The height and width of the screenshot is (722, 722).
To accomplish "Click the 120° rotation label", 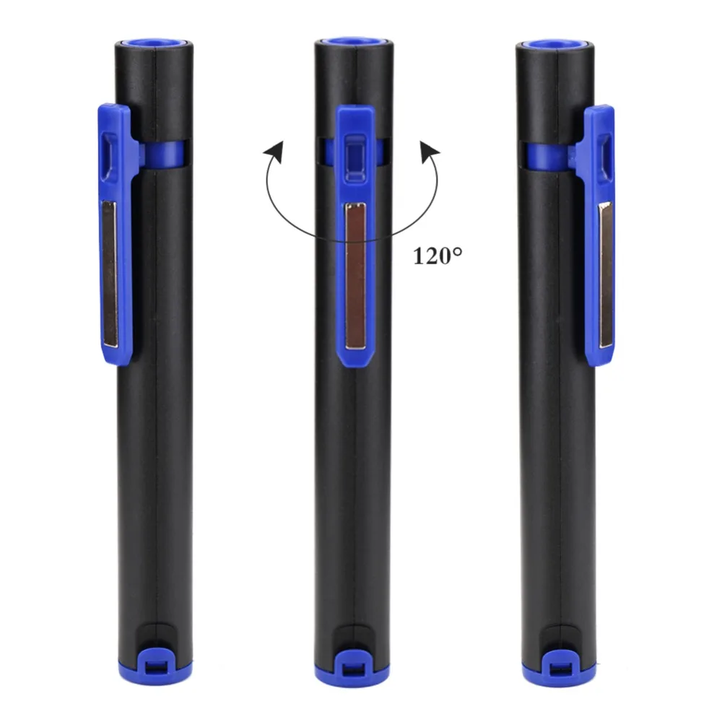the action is [x=438, y=256].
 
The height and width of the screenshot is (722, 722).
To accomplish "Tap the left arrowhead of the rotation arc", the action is [x=274, y=152].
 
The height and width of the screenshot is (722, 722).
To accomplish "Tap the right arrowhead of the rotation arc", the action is [x=430, y=152].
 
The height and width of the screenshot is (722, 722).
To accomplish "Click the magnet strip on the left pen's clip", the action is [x=110, y=274].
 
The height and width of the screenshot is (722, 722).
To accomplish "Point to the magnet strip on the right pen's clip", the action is [x=606, y=275].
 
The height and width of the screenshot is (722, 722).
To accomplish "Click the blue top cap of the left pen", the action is [x=152, y=43].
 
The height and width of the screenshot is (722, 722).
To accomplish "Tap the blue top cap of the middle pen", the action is [x=354, y=42].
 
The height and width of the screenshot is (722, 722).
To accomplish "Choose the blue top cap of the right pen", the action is [x=556, y=44].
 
